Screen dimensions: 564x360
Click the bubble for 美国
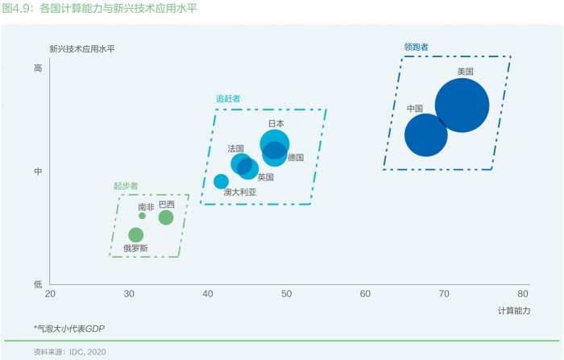point(462,106)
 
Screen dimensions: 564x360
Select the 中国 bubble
point(426,135)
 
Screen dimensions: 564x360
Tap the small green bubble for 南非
point(142,216)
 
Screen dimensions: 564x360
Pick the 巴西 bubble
point(166,217)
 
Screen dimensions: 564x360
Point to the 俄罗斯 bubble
point(136,235)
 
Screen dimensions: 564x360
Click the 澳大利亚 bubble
point(222,181)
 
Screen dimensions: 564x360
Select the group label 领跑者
point(417,47)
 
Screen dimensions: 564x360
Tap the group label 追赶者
point(228,98)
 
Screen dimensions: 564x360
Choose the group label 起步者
point(126,185)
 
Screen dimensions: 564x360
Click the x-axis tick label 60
point(365,294)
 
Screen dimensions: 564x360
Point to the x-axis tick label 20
point(50,294)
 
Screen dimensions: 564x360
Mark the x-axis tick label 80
point(523,294)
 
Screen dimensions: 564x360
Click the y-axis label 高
point(38,68)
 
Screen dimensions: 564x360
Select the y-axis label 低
point(38,284)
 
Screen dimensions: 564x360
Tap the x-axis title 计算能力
point(514,311)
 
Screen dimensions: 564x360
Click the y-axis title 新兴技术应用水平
point(82,49)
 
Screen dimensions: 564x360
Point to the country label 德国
point(296,158)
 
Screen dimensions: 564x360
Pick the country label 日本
point(276,124)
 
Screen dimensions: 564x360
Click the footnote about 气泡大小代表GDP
point(69,329)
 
